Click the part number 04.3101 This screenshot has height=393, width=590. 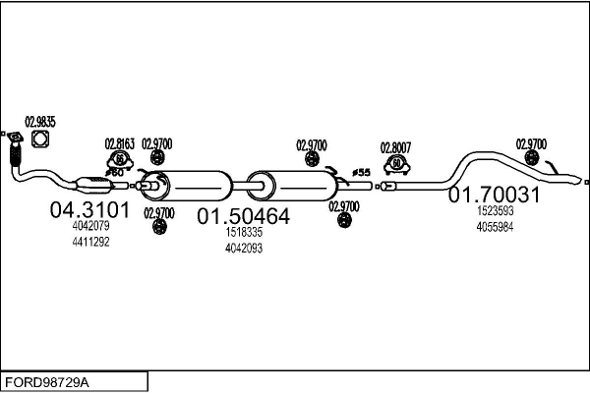pos(89,210)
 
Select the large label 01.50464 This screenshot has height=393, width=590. pos(244,216)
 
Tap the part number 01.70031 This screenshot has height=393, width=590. pos(494,195)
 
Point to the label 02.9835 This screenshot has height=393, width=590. pos(40,122)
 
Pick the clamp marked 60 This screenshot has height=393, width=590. pos(396,165)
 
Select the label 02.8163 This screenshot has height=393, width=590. pos(119,144)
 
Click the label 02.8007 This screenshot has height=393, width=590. pos(396,147)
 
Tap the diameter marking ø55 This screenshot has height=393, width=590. pos(361,173)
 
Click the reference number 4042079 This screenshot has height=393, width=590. pos(90,226)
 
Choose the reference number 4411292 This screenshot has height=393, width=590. pos(90,242)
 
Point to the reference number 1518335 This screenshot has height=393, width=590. pos(244,232)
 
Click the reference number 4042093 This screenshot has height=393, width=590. pos(244,249)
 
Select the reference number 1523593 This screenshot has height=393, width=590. pos(495,211)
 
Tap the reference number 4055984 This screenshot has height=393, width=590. pos(495,227)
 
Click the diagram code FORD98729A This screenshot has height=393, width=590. pos(47,383)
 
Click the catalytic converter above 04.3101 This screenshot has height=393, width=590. pos(95,185)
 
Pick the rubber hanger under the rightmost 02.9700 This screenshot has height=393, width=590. pos(531,158)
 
